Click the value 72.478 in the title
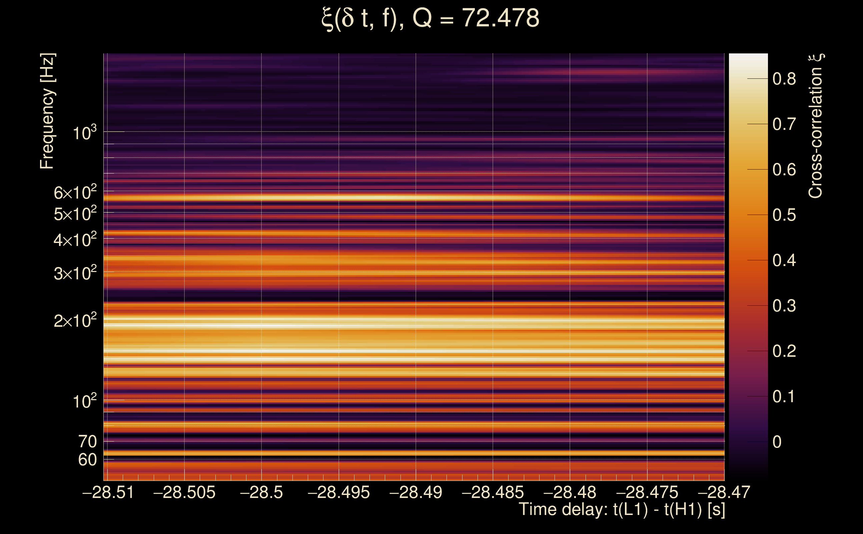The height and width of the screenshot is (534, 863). (500, 18)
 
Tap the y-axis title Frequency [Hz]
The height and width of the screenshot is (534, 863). (47, 111)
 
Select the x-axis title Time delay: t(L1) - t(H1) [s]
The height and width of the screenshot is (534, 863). (622, 509)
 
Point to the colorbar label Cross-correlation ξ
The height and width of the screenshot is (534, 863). (816, 126)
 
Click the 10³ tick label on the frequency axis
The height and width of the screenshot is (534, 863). (84, 133)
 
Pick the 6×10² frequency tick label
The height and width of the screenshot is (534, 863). (75, 193)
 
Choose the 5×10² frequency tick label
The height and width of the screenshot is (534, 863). (75, 214)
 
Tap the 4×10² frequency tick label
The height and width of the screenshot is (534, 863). (75, 240)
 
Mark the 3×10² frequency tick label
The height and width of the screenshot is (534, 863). (75, 273)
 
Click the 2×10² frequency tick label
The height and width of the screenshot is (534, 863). (75, 321)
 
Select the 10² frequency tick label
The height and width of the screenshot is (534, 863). (84, 402)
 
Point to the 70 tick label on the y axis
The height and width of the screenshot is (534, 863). (87, 442)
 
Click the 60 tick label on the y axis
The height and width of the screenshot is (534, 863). (87, 460)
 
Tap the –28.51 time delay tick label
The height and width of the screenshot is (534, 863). (108, 492)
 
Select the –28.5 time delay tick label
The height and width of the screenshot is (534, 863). (261, 492)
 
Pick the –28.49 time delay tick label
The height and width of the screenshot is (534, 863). (415, 492)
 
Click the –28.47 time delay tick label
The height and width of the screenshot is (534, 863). (724, 492)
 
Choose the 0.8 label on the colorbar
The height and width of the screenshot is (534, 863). (784, 79)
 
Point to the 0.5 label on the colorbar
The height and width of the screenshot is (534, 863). (784, 215)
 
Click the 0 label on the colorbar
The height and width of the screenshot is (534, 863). (777, 442)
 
